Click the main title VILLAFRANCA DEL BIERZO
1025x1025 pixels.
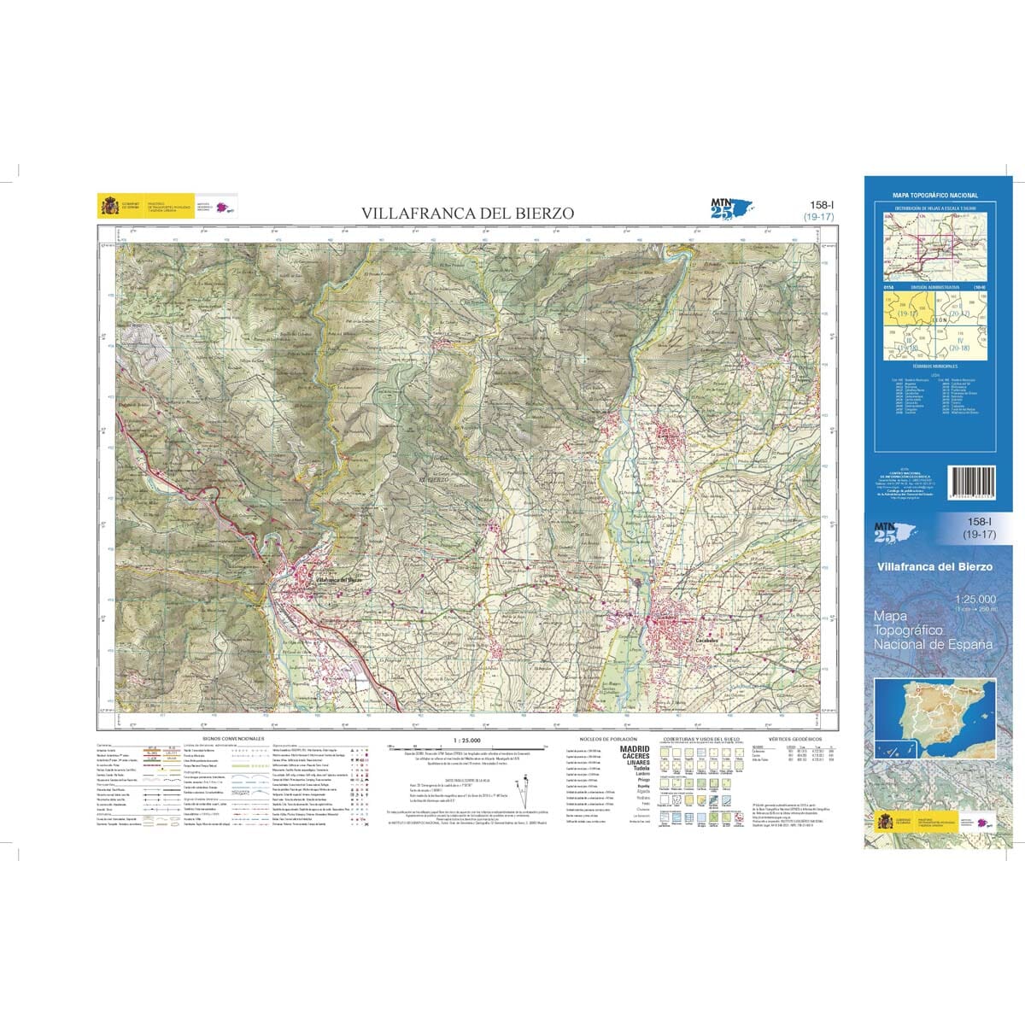coord(467,214)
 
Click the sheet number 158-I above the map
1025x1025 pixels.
coord(823,205)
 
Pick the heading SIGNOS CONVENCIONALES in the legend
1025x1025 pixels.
coord(233,738)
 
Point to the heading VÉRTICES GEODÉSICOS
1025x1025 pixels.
coord(794,738)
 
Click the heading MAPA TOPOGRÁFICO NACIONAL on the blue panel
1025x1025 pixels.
coord(935,196)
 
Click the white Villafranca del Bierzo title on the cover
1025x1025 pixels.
coord(938,566)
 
